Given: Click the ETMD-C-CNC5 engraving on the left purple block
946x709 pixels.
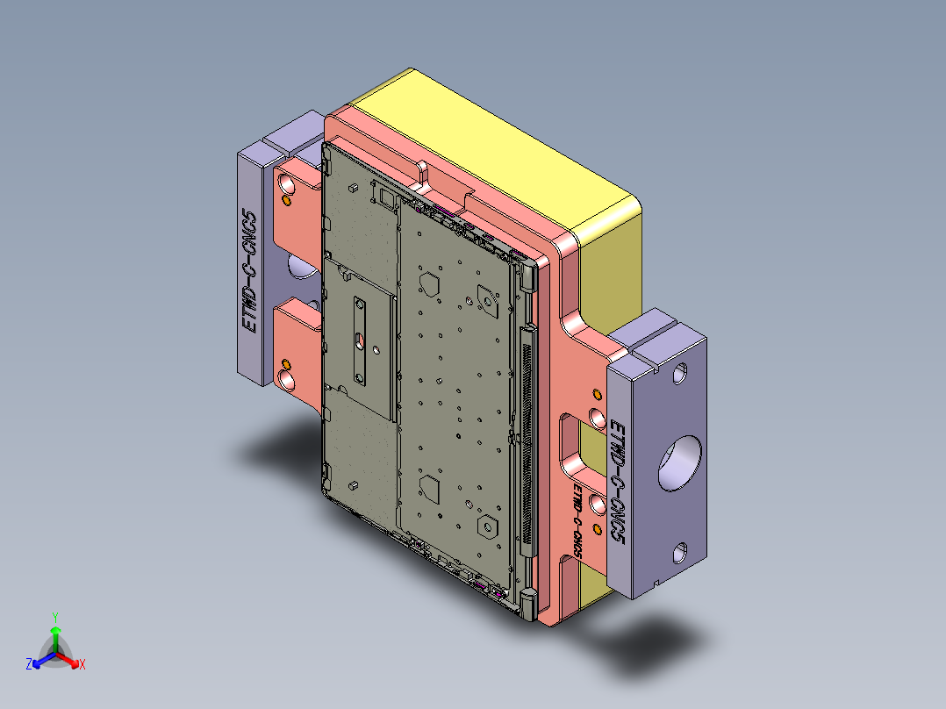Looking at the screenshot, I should coord(251,272).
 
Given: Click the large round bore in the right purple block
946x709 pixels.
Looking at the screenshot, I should coord(680,462).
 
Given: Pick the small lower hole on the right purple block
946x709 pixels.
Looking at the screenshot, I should coord(680,553).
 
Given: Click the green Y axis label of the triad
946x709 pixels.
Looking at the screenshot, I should coord(54,616).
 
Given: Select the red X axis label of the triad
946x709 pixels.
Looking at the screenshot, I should coord(82,664).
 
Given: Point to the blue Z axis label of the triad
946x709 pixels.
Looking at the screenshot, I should coord(29,664).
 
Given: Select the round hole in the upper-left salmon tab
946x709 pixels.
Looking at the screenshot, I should coord(286,184).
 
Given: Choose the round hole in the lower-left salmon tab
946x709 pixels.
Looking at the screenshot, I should coord(286,378).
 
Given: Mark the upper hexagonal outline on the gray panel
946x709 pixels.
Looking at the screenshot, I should coord(431,283).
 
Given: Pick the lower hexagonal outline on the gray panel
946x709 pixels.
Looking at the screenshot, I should coord(431,485).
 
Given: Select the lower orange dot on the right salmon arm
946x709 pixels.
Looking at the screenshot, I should coord(598,526).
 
